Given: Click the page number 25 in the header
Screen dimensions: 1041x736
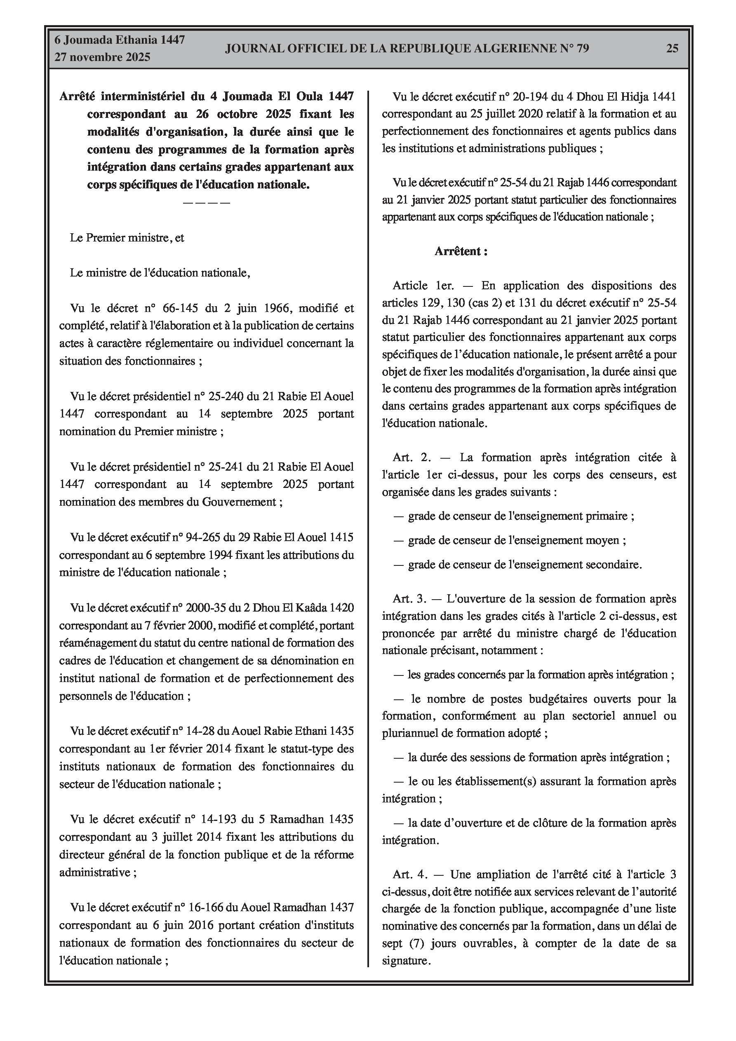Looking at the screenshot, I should tap(672, 49).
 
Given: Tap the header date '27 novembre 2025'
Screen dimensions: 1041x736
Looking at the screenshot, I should tap(102, 57).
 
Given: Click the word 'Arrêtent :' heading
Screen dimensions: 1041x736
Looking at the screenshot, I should tap(461, 251).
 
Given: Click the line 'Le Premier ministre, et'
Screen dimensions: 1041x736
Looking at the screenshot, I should tap(127, 238).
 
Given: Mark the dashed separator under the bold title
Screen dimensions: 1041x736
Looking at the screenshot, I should tap(207, 202).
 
